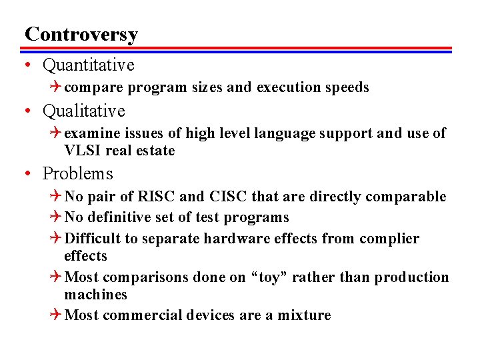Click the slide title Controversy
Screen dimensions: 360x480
81,34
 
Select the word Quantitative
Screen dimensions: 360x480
88,65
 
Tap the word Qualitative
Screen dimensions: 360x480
83,111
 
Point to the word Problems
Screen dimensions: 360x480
77,174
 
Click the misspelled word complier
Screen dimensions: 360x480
389,239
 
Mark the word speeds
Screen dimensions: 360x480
346,87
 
